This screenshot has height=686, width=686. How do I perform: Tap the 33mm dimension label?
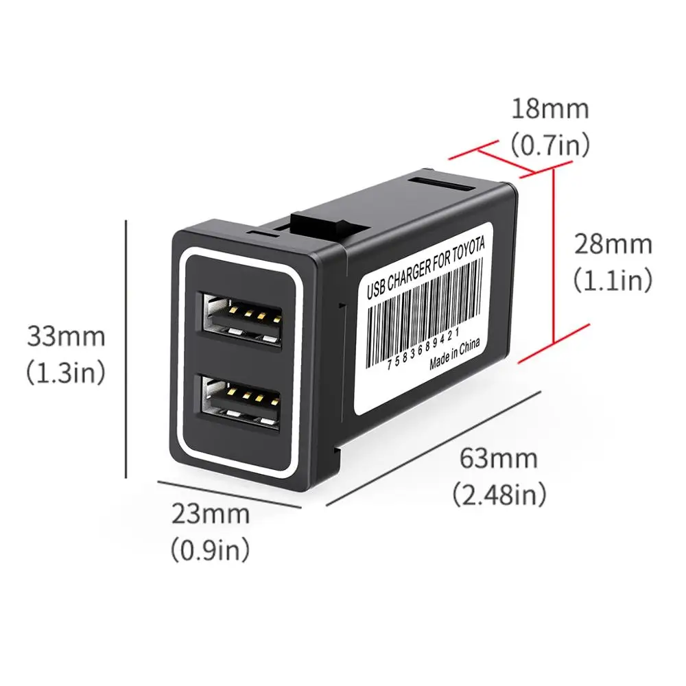(66, 337)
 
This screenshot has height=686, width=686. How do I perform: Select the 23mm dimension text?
(209, 513)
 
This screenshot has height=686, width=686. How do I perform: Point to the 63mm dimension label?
(498, 457)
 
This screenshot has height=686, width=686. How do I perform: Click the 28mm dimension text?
(613, 244)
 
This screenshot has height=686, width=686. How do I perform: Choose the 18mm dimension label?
(549, 108)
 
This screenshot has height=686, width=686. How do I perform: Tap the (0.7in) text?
(549, 144)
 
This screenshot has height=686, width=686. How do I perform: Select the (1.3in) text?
(66, 372)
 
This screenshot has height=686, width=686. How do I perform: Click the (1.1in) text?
(613, 280)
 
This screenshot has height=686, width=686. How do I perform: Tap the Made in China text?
(455, 354)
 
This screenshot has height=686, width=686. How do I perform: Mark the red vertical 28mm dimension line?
(553, 257)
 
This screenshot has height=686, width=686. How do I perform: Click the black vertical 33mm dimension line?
(126, 350)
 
